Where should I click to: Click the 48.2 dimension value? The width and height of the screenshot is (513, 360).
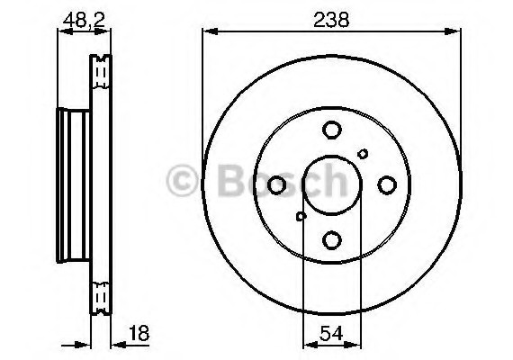[x=79, y=16]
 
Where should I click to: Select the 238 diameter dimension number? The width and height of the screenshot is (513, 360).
[x=331, y=16]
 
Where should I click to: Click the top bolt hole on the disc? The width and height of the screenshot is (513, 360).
[x=331, y=131]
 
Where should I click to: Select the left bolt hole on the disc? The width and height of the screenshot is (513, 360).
[x=277, y=184]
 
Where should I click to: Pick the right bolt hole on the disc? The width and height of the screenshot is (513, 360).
[x=387, y=184]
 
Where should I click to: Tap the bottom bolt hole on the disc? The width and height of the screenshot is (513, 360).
[x=331, y=239]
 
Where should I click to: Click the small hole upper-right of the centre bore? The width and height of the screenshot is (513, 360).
[x=363, y=154]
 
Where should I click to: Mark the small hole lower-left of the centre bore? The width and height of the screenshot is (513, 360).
[x=301, y=216]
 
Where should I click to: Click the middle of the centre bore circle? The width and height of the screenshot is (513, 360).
[x=331, y=184]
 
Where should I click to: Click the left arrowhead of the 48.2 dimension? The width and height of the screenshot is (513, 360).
[x=62, y=32]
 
